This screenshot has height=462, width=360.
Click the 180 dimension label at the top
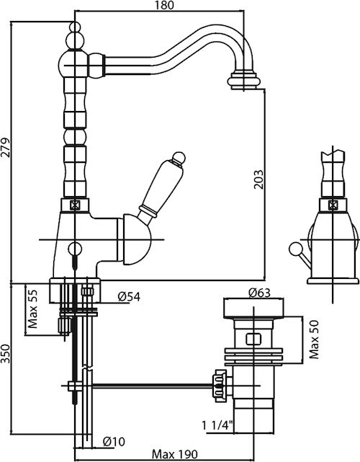point(165,5)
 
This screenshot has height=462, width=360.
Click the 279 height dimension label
point(6,147)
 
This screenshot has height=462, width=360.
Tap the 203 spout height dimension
point(258,179)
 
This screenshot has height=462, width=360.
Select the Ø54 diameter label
point(129,297)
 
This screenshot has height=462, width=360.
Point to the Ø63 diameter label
point(259,293)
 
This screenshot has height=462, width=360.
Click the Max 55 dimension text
point(32,308)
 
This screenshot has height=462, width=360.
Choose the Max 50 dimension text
point(314,339)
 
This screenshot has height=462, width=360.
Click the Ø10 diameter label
point(114,441)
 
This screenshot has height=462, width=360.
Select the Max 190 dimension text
point(174,454)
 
